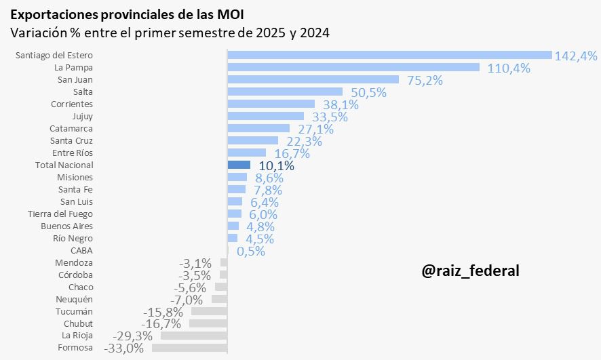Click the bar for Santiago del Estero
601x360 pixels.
tap(389, 55)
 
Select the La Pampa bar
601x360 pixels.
tap(353, 67)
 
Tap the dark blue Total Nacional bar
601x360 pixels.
tap(239, 165)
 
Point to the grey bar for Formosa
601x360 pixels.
tap(189, 348)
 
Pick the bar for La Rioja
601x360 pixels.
tap(193, 336)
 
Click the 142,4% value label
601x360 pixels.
tap(576, 56)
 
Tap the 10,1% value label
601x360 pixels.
tap(276, 165)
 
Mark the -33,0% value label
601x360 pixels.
tap(124, 348)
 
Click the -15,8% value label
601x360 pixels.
tap(163, 312)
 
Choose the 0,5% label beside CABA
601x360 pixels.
tap(250, 251)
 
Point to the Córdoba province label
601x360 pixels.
tap(75, 275)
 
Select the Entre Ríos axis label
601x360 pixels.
tap(72, 153)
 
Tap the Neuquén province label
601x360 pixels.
tap(74, 299)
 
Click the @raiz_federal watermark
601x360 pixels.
tap(470, 271)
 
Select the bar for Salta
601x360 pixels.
tap(285, 92)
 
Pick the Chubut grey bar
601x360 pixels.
tap(208, 323)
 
